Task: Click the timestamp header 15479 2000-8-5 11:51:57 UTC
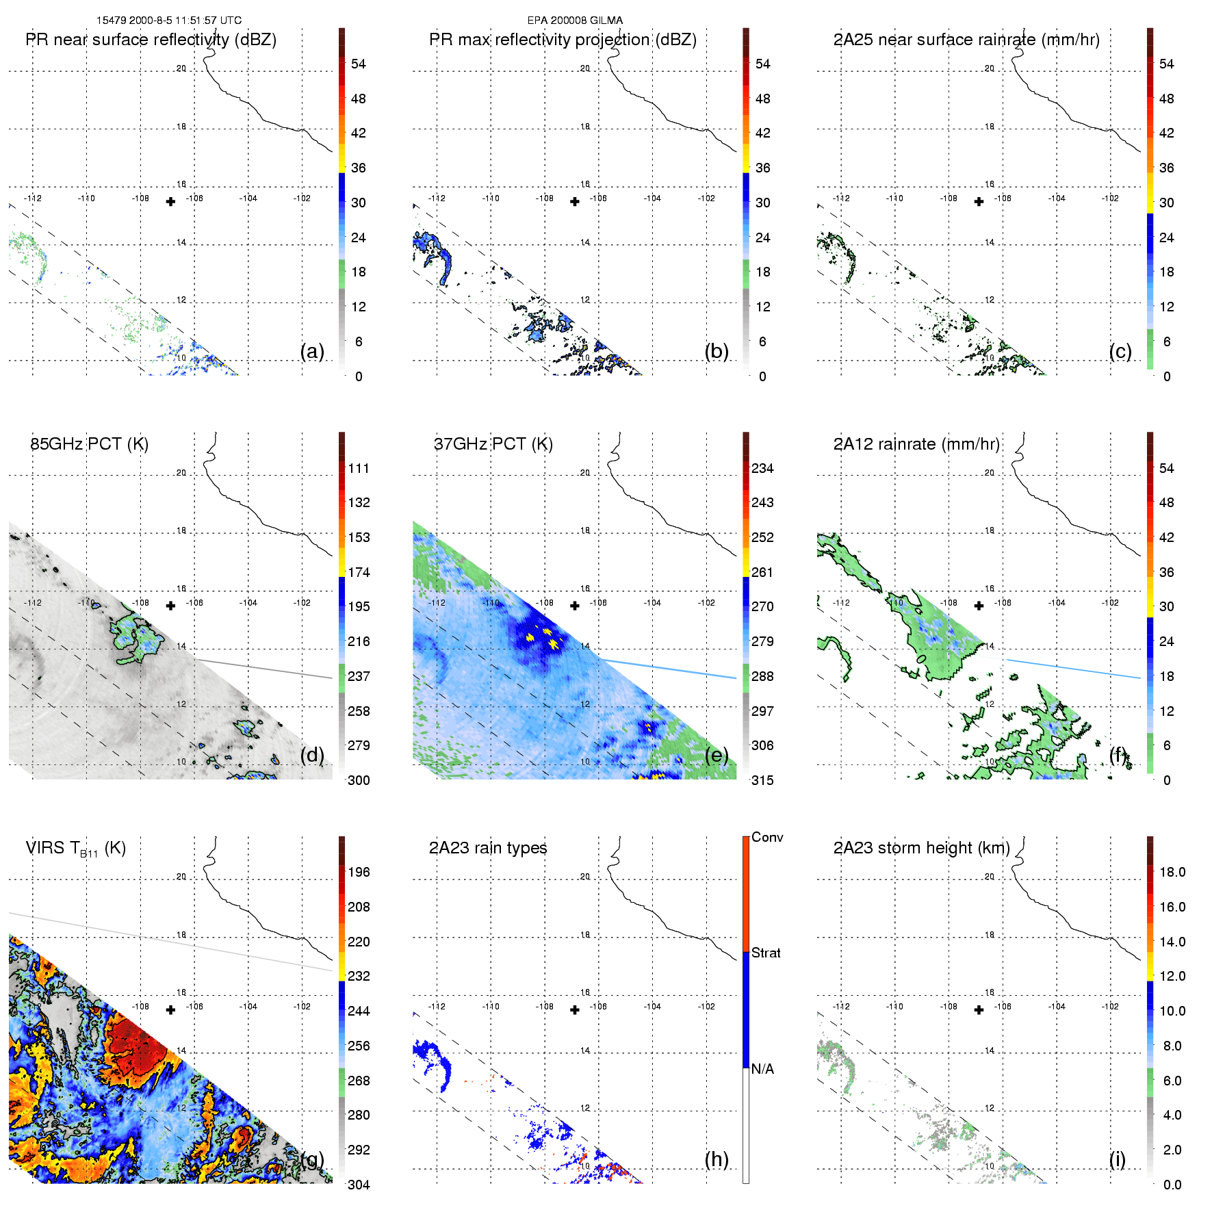tap(168, 21)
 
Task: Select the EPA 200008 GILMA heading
tap(575, 21)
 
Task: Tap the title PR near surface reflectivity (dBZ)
tap(151, 40)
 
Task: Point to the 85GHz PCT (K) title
tap(89, 444)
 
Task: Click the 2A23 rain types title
tap(488, 848)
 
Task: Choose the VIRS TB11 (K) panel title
tap(75, 849)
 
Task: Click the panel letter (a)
tap(312, 351)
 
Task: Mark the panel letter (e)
tap(717, 755)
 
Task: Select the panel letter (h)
tap(717, 1159)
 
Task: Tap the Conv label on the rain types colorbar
tap(767, 837)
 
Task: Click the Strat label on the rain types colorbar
tap(766, 953)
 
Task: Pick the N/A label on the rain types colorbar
tap(762, 1069)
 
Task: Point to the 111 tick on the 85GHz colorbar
tap(359, 468)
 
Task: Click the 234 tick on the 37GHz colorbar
tap(762, 468)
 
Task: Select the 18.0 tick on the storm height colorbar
tap(1172, 872)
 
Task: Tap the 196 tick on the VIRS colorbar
tap(359, 872)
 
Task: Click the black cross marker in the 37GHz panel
tap(575, 606)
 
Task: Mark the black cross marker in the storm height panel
tap(979, 1010)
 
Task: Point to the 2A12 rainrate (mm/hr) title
tap(916, 444)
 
